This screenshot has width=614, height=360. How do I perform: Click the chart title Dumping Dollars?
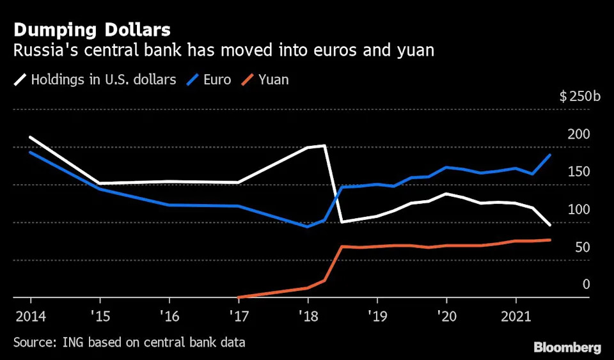pos(91,29)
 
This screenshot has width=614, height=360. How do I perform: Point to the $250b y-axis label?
pos(580,97)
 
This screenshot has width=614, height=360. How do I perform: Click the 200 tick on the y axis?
pos(579,134)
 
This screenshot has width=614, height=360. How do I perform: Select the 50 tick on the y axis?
pos(581,247)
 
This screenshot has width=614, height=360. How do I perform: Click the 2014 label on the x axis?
pos(31,316)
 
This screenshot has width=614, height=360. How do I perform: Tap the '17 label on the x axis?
pos(238,316)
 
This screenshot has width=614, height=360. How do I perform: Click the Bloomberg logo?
pos(567,348)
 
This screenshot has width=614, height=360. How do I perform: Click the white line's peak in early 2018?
pos(325,145)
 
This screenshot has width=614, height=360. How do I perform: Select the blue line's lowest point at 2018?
pos(308,226)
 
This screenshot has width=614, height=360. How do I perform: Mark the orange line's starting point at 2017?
pos(238,297)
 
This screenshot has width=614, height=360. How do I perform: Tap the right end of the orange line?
pos(550,240)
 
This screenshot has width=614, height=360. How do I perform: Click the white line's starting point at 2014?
pos(31,137)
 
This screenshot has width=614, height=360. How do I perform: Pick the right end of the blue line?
pos(550,155)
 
